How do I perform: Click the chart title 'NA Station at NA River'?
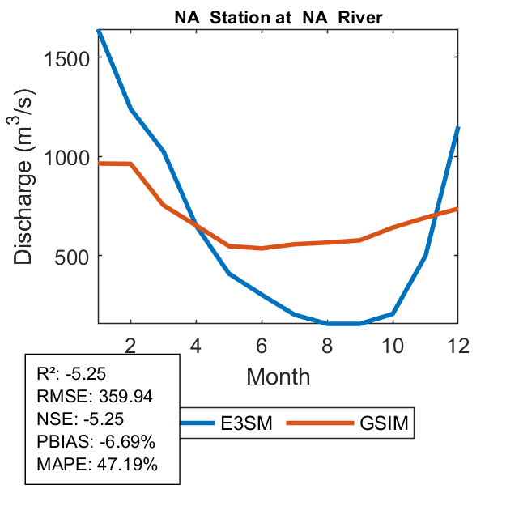(278, 16)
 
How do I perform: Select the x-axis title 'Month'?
(278, 376)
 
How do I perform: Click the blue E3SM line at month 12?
(458, 128)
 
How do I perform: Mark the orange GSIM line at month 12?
(458, 208)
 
